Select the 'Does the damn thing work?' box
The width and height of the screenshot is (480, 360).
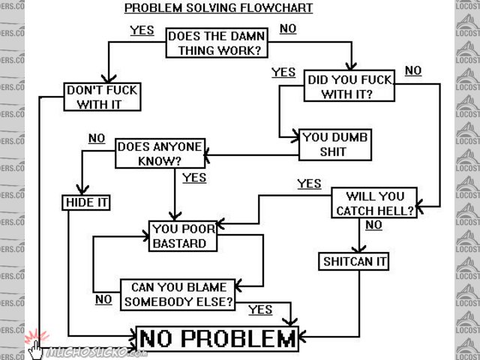pyautogui.click(x=214, y=43)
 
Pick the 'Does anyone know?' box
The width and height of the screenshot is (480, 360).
pyautogui.click(x=160, y=154)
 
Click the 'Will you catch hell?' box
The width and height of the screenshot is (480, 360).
pyautogui.click(x=375, y=204)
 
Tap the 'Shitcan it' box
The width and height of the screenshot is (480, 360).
pyautogui.click(x=355, y=262)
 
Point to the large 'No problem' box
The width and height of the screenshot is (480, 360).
pyautogui.click(x=217, y=339)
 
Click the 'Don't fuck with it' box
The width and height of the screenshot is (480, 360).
pyautogui.click(x=103, y=97)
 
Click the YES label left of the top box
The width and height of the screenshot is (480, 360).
pyautogui.click(x=142, y=31)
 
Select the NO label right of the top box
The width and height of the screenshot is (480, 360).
pyautogui.click(x=288, y=29)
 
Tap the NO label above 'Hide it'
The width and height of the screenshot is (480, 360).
pyautogui.click(x=97, y=138)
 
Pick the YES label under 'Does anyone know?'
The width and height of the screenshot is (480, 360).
pyautogui.click(x=194, y=178)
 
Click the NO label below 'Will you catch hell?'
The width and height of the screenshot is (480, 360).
pyautogui.click(x=373, y=225)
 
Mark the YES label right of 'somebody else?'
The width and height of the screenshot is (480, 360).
pyautogui.click(x=260, y=310)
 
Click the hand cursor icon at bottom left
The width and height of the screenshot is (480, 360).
pyautogui.click(x=36, y=346)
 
